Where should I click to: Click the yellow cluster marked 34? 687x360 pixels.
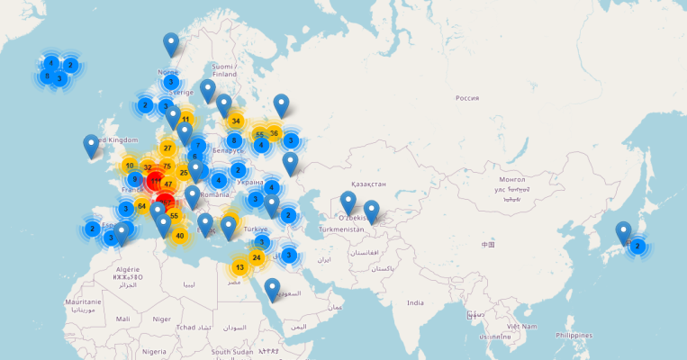[x=236, y=121]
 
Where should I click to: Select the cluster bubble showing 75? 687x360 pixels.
[x=167, y=166]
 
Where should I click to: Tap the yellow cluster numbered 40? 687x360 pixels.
[x=179, y=236]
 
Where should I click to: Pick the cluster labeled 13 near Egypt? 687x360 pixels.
[x=240, y=267]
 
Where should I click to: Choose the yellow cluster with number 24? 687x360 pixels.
[x=257, y=258]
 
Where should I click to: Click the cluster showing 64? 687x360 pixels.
[x=141, y=206]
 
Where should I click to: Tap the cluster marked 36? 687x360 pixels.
[x=275, y=133]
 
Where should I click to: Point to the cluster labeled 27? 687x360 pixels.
[x=167, y=148]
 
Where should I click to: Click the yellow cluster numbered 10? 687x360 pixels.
[x=130, y=166]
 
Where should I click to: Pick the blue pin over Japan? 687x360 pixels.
[x=623, y=232]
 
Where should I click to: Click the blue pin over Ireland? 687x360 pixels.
[x=91, y=146]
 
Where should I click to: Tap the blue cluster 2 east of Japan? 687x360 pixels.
[x=637, y=245]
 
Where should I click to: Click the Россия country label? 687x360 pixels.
[x=466, y=98]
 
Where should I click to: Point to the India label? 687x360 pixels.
[x=414, y=302]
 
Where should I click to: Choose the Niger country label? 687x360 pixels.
[x=162, y=319]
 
